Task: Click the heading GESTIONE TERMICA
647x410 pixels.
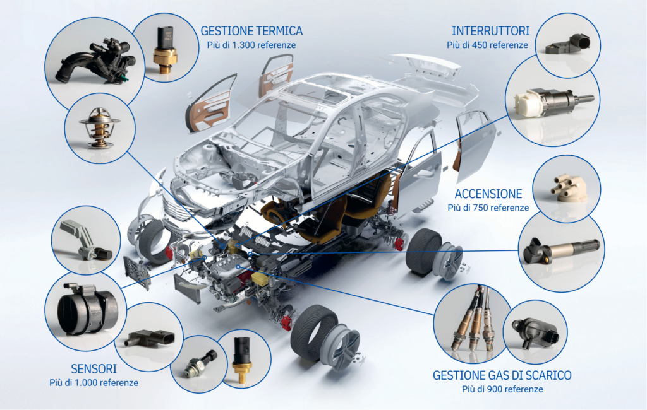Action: [x=251, y=31]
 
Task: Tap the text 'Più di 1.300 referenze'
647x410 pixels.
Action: [x=251, y=45]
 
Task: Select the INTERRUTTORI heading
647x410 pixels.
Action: [x=490, y=31]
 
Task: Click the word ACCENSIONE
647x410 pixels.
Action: [x=488, y=194]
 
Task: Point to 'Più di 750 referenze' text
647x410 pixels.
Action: [x=488, y=208]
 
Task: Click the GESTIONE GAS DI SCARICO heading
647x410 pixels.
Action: [x=502, y=375]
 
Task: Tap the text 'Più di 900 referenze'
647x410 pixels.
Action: [x=502, y=389]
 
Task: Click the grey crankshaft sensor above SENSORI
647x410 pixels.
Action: [x=88, y=242]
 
